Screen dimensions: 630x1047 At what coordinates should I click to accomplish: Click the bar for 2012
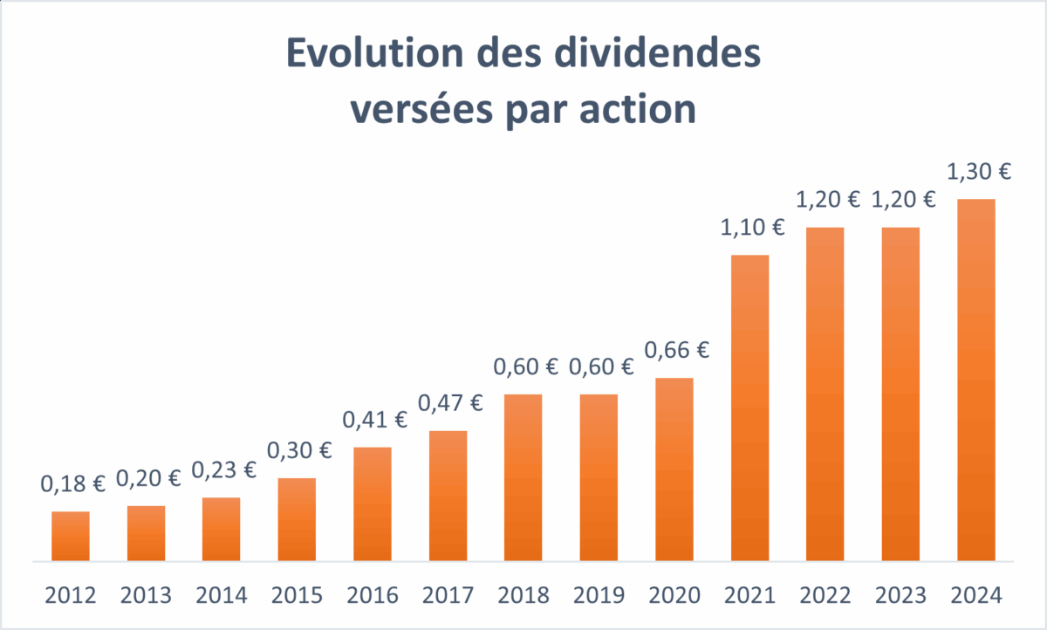click(x=71, y=536)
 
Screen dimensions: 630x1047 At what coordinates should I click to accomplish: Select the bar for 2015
click(x=297, y=519)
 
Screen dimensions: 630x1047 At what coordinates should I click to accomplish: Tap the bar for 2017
click(x=448, y=496)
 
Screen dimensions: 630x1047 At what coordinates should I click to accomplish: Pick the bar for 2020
click(x=674, y=469)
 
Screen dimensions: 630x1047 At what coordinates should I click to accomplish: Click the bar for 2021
click(x=749, y=407)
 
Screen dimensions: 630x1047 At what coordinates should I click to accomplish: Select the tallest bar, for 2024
click(x=975, y=380)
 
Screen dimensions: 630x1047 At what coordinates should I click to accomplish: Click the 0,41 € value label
click(x=375, y=420)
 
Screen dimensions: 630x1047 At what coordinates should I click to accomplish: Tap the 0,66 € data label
click(x=677, y=351)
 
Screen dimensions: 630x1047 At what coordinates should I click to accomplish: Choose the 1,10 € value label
click(x=752, y=229)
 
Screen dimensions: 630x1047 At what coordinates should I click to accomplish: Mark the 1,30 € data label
click(x=979, y=172)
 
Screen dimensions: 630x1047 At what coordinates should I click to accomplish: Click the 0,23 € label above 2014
click(x=224, y=470)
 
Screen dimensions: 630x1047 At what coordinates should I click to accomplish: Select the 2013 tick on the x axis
click(x=146, y=596)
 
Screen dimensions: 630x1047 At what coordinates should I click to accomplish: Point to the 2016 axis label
click(x=373, y=596)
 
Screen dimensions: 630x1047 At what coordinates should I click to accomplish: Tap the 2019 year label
click(x=599, y=596)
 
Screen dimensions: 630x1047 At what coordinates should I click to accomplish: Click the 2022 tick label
click(x=825, y=596)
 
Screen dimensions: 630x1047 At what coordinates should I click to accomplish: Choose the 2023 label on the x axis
click(x=900, y=596)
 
